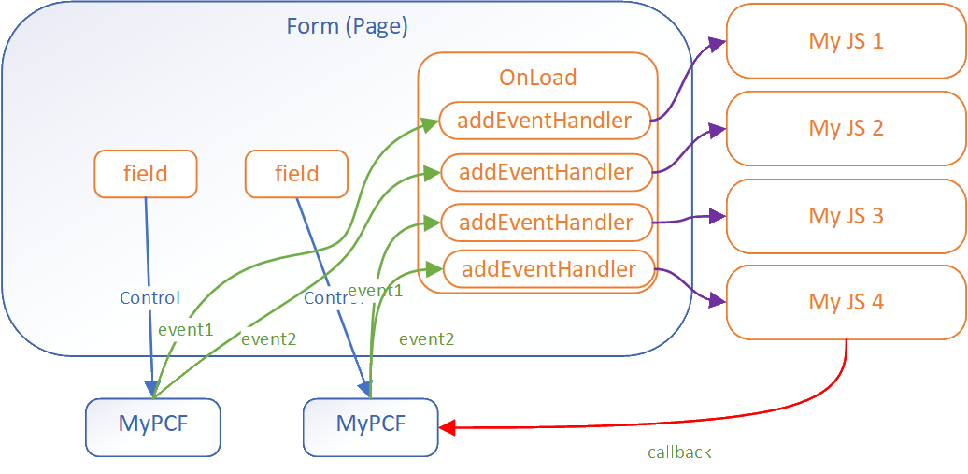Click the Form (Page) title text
(347, 26)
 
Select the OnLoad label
(538, 78)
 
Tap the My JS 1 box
(846, 41)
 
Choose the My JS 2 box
(846, 128)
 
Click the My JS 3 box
(846, 215)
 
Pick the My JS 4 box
(846, 302)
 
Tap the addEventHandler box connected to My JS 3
(546, 223)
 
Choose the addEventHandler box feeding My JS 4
(548, 270)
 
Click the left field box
(146, 174)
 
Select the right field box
(296, 174)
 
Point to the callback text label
(679, 452)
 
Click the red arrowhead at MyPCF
(447, 428)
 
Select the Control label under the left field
(149, 298)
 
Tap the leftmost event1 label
(186, 329)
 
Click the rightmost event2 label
(426, 339)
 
